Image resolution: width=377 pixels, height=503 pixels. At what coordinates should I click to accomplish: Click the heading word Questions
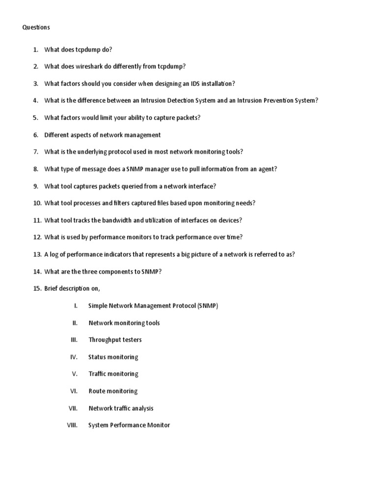[36, 28]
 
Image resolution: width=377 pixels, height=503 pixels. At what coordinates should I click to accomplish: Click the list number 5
[36, 118]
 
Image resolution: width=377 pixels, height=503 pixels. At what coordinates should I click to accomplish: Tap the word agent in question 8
[266, 169]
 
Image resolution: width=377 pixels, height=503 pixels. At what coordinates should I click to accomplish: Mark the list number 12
[37, 237]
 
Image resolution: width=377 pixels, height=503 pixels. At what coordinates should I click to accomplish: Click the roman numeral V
[75, 374]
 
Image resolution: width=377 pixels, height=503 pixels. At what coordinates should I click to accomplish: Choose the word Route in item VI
[96, 391]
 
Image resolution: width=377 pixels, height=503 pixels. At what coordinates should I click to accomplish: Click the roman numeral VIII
[73, 425]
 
